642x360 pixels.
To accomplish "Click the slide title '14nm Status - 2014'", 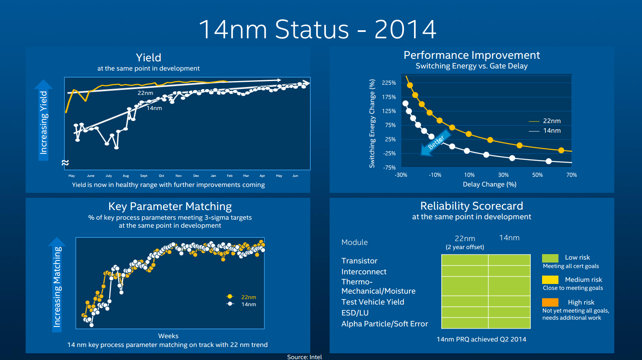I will [317, 29].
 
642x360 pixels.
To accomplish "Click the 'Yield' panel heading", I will [148, 58].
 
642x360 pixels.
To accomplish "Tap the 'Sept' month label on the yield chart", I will [144, 176].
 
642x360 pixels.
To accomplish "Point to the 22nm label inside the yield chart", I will [145, 93].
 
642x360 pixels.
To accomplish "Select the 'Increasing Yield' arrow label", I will [44, 122].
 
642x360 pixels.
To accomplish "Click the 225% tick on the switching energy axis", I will [389, 83].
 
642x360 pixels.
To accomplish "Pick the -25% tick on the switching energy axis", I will [389, 153].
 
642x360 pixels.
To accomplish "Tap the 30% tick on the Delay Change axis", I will [503, 175].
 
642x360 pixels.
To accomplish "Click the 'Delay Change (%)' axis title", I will [489, 184].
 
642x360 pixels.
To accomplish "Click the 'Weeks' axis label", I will [168, 336].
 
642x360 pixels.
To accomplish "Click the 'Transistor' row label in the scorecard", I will [359, 261].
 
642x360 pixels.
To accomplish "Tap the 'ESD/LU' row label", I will [355, 313].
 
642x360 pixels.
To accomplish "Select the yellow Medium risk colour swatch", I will [550, 280].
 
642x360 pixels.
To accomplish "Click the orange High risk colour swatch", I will [550, 302].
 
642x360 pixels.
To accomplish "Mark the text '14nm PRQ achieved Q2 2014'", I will [481, 339].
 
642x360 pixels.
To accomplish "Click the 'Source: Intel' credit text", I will [304, 357].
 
